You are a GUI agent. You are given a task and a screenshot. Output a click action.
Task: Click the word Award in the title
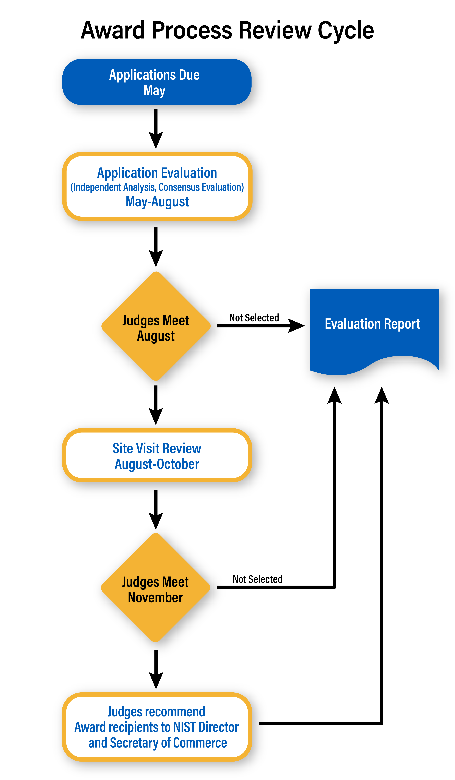click(x=113, y=31)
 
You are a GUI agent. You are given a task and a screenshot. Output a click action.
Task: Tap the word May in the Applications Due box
click(x=154, y=91)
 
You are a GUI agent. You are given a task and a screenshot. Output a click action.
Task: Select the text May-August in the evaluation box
click(x=157, y=202)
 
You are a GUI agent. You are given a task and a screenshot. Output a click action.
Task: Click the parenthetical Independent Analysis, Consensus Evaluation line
click(x=157, y=187)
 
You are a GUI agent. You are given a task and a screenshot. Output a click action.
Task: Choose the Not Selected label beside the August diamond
click(x=254, y=318)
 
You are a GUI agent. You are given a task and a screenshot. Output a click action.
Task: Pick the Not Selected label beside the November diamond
click(x=257, y=579)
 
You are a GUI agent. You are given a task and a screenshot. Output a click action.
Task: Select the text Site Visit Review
click(x=157, y=448)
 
